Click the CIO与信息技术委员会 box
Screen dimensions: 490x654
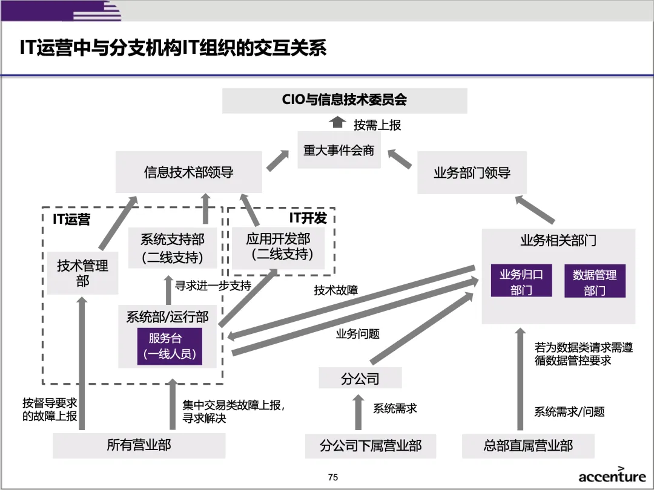point(345,100)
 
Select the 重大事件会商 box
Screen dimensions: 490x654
point(339,151)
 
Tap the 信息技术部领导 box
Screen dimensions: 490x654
point(188,172)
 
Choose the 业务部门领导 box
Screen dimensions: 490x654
point(472,173)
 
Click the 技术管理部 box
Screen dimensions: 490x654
point(82,273)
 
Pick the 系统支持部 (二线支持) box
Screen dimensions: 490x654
point(173,249)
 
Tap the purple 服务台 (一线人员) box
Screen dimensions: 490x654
point(170,347)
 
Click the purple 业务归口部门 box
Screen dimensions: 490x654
point(521,282)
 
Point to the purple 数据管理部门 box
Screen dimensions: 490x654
point(594,282)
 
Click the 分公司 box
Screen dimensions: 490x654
point(360,379)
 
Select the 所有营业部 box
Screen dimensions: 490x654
point(139,446)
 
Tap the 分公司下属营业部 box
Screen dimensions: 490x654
point(370,446)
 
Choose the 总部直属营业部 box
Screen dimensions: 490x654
point(527,446)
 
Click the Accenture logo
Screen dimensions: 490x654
point(612,475)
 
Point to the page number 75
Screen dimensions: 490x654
point(332,477)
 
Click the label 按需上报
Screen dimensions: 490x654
point(377,125)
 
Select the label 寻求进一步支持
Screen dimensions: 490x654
point(213,286)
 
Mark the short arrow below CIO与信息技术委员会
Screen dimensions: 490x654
point(338,123)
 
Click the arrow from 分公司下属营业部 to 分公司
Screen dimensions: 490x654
point(358,410)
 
